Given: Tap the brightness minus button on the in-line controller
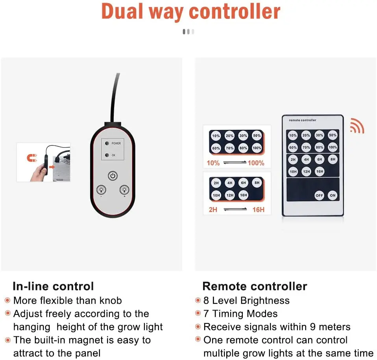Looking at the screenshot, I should point(102,190).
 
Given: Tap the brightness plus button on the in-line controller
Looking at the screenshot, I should point(125,190).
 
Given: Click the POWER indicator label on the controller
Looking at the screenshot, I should point(116,143).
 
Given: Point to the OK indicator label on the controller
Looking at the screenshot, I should point(113,155).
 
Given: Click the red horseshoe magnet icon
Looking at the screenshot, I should point(31,158).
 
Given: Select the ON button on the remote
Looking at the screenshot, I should point(333,195).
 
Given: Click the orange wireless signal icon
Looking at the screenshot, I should point(357,126).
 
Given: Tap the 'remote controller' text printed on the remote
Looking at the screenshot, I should point(302,120).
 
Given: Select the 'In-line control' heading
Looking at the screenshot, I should point(53,286).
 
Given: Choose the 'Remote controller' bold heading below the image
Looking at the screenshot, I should point(254,286).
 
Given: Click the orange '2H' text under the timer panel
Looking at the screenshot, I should point(213,210).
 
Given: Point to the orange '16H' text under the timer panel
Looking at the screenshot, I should point(258,210).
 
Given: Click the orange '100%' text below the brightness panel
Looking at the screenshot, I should point(256,163).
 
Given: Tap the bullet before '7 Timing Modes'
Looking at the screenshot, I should point(198,314).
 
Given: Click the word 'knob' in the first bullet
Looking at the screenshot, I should point(110,301).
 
